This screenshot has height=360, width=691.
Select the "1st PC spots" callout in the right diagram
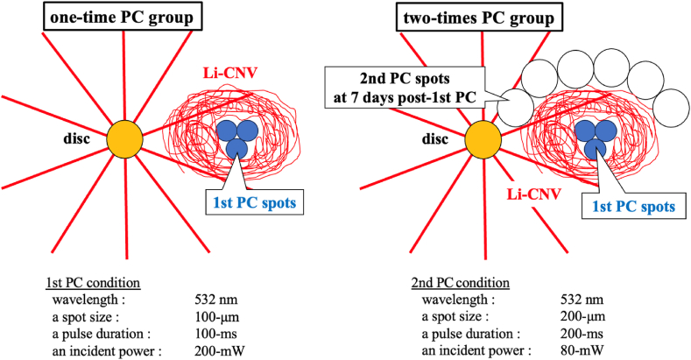pyautogui.click(x=633, y=207)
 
